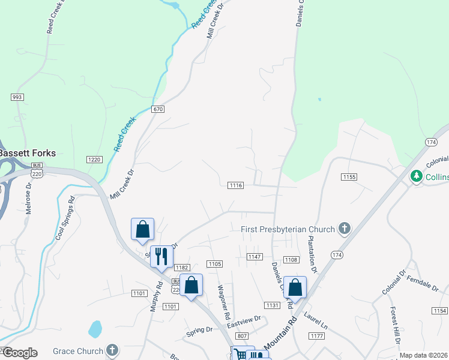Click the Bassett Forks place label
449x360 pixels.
(x=28, y=153)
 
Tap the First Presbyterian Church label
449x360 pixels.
(x=287, y=229)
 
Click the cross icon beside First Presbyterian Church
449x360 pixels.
(x=344, y=228)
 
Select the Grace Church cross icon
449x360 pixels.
(x=112, y=350)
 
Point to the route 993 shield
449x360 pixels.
(x=17, y=97)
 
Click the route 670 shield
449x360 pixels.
(x=157, y=109)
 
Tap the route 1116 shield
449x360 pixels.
(x=235, y=186)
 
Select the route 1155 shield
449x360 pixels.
(x=349, y=177)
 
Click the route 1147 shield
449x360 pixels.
(x=255, y=257)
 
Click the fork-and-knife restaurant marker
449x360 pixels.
(x=161, y=256)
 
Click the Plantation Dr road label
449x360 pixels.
(x=312, y=250)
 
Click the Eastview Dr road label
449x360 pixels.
(x=244, y=322)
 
